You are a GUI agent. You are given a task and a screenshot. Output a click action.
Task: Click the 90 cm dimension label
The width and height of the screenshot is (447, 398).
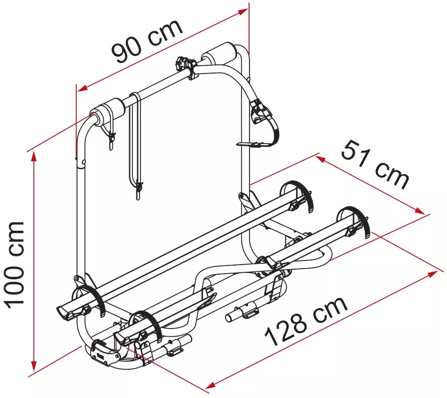(x=146, y=41)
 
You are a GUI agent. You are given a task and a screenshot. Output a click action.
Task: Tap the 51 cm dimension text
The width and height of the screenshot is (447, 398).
(x=375, y=165)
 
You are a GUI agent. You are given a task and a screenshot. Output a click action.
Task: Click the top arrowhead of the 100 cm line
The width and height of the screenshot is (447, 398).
(x=34, y=157)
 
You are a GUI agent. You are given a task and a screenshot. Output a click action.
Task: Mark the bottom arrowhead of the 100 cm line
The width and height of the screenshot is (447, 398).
(x=34, y=366)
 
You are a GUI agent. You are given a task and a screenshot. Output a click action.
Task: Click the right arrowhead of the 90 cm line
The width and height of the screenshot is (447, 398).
(x=243, y=11)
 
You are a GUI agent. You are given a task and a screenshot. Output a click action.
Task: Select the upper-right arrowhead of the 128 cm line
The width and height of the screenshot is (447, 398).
(x=431, y=274)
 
